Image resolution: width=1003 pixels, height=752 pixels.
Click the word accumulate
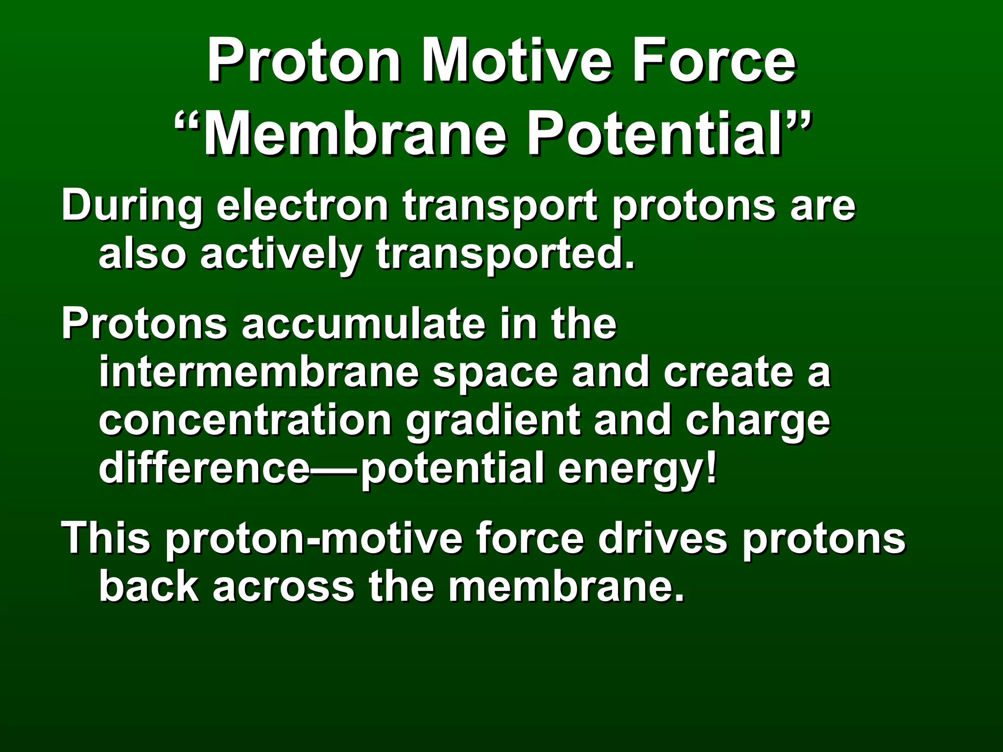(362, 324)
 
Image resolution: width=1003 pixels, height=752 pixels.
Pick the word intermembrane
(259, 373)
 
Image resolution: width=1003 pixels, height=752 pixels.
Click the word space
(495, 374)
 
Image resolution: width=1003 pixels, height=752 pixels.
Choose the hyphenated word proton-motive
(313, 539)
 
